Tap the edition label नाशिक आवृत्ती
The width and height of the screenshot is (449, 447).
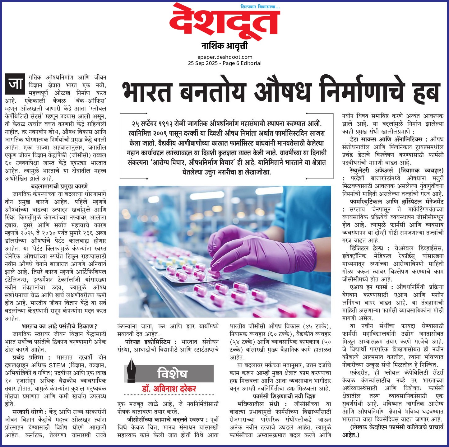pos(224,46)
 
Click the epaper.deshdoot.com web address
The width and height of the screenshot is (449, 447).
pos(224,57)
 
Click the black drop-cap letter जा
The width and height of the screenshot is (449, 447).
pos(15,84)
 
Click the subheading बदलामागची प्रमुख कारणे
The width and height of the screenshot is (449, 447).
pos(59,186)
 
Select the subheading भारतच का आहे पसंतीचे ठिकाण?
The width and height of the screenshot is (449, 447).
pos(59,326)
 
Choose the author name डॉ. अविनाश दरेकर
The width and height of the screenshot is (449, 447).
pos(169,389)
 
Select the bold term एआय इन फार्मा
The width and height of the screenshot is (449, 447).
pos(368,287)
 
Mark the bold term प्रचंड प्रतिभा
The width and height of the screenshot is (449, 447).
pos(28,357)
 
